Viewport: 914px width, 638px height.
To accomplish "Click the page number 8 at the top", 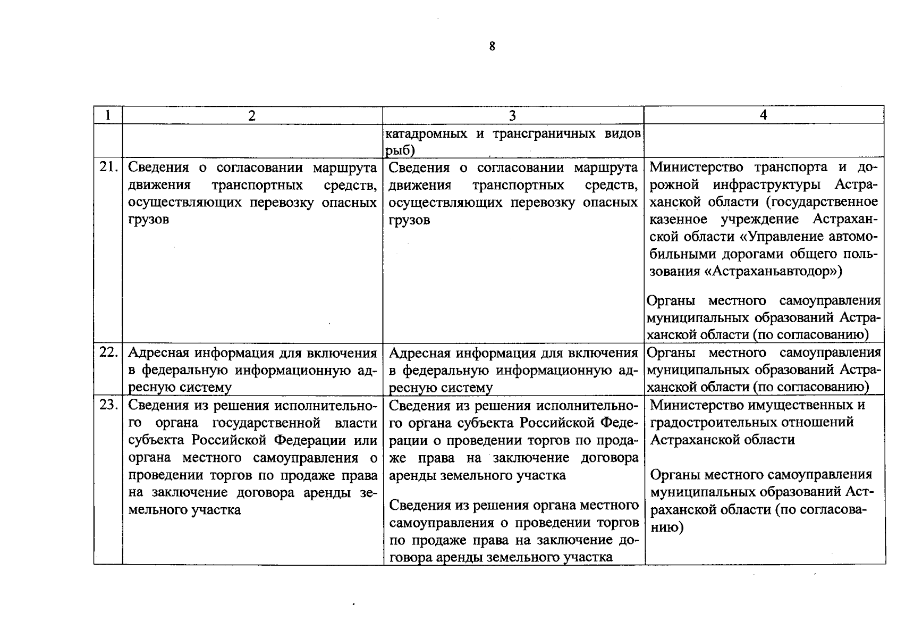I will coord(492,47).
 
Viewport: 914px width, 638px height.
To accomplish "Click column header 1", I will coord(108,115).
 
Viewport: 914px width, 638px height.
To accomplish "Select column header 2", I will coord(252,115).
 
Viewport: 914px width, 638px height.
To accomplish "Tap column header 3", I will coord(512,115).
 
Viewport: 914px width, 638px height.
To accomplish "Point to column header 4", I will coord(763,115).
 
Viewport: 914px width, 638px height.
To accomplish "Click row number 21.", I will coord(108,167).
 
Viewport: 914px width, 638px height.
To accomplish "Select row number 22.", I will coord(108,352).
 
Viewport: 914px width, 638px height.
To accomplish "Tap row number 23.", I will coord(108,405).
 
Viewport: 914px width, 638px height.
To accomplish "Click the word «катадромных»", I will coord(427,133).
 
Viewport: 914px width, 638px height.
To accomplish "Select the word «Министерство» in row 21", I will coord(697,167).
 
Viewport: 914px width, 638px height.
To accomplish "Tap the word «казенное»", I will coord(678,220).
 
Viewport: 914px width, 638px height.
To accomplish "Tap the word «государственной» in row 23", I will coord(266,423).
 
